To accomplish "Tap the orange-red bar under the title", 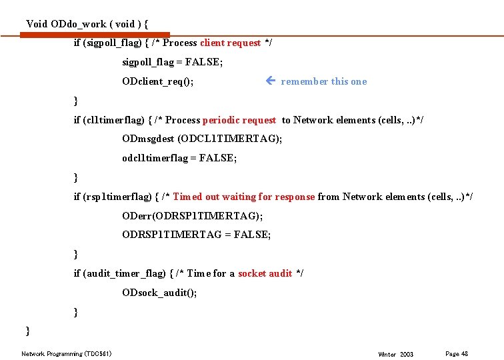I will [95, 35].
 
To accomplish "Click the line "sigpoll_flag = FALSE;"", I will [173, 62].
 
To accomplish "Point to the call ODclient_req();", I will [158, 81].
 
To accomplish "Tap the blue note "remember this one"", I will [323, 81].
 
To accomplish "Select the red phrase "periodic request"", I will [239, 120].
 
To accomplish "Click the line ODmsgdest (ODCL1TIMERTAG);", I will [202, 139].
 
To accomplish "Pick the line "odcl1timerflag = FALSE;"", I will [179, 158].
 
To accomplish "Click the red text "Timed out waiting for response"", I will [243, 197].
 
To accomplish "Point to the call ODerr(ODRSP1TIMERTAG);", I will [192, 216].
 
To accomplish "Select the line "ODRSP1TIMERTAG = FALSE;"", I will [197, 235].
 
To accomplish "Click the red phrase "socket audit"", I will [265, 273].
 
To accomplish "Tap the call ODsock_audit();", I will [159, 293].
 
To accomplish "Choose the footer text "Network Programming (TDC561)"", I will [67, 353].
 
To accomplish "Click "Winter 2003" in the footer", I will [395, 354].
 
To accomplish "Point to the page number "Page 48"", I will [457, 353].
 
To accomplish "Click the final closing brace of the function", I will [28, 331].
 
